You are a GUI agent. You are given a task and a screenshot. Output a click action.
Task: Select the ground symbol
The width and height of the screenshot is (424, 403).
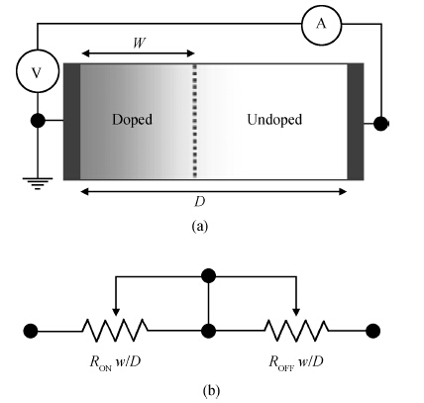point(38,183)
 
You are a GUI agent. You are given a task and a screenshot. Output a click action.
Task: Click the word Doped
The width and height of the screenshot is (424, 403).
point(132,119)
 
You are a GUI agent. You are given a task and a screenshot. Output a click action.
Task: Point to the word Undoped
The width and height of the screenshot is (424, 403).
point(274,119)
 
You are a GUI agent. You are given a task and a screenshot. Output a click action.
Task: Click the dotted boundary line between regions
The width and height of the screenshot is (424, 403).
point(195,121)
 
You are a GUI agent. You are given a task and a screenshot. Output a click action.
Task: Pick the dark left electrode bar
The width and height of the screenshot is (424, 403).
point(71,122)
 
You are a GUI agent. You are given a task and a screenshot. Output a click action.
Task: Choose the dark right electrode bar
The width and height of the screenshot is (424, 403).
point(356,122)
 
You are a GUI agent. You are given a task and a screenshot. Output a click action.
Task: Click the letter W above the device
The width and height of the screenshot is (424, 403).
point(140,43)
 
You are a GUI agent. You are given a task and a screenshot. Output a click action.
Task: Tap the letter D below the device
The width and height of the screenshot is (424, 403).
point(199,202)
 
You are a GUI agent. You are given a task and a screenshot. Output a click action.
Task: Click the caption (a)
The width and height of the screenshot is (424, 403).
point(200,227)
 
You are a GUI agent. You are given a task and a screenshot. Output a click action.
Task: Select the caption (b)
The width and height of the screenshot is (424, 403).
point(211,391)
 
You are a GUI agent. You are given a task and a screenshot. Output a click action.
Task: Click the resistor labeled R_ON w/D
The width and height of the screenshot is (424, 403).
point(115,330)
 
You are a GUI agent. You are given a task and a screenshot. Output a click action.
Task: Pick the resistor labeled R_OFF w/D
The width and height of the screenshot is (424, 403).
point(296,330)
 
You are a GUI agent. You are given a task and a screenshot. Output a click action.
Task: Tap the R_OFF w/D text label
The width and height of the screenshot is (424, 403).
point(296,362)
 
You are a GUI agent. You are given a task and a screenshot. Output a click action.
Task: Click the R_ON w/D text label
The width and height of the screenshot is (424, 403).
point(115,362)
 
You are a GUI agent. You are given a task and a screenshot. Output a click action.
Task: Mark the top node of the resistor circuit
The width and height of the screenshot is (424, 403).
point(208,276)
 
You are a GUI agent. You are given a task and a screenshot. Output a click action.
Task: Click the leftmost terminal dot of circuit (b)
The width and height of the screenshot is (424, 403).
point(31,331)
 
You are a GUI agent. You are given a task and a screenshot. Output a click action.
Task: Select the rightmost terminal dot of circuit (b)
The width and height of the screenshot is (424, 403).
point(373,331)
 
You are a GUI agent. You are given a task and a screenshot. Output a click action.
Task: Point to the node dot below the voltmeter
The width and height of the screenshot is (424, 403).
point(38,121)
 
